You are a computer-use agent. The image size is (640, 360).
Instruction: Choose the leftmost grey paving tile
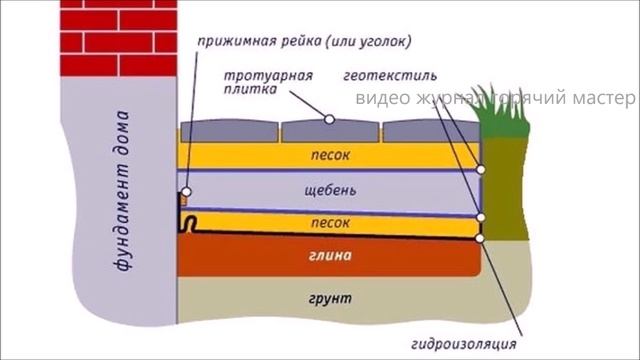(x=229, y=132)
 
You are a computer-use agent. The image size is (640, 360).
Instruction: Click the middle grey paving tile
(x=330, y=131)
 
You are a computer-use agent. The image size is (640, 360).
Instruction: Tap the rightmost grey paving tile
(x=430, y=132)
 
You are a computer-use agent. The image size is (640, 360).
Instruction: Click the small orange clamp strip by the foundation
(x=184, y=199)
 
